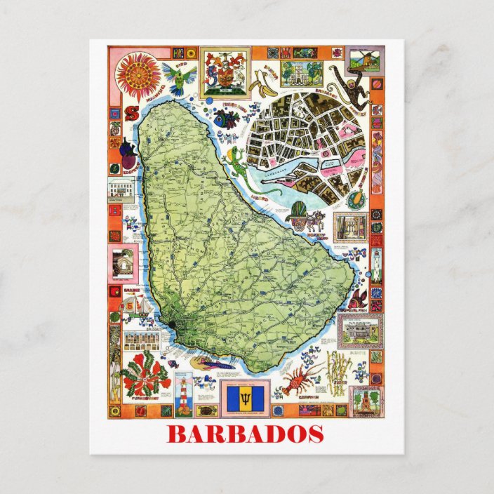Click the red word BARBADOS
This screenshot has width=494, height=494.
[x=245, y=434]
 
